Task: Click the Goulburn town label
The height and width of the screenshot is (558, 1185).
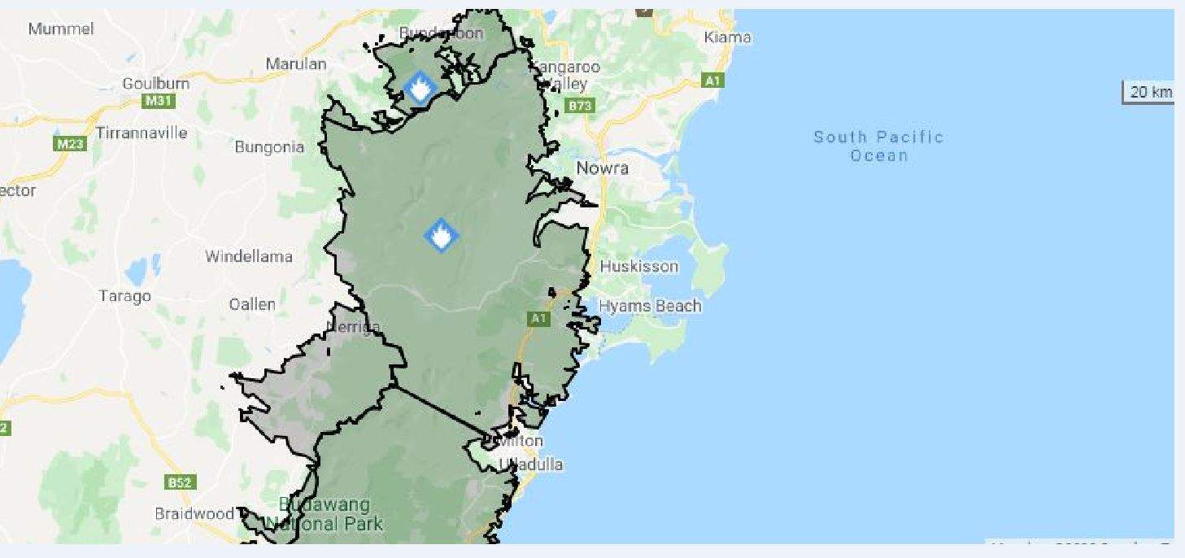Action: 155,84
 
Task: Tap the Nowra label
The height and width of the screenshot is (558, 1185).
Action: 602,168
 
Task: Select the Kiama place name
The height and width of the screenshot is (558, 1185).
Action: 728,37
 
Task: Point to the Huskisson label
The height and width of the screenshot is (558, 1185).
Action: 638,267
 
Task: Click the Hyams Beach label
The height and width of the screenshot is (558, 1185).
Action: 650,306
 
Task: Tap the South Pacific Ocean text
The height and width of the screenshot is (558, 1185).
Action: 878,146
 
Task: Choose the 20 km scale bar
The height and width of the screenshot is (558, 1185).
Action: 1149,92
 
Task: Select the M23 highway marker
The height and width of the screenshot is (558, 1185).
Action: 70,144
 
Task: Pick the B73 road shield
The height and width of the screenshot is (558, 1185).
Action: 581,106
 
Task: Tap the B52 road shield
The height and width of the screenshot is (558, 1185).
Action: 180,482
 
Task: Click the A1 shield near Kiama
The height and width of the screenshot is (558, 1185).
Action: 712,81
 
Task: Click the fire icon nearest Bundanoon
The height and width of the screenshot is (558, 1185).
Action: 420,87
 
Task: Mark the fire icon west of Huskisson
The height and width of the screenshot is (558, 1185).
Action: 441,236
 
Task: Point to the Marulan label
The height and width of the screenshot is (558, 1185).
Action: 296,63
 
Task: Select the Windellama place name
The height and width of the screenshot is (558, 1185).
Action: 248,256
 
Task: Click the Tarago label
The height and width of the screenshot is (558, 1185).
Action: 124,296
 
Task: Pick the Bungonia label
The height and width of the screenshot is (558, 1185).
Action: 269,147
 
